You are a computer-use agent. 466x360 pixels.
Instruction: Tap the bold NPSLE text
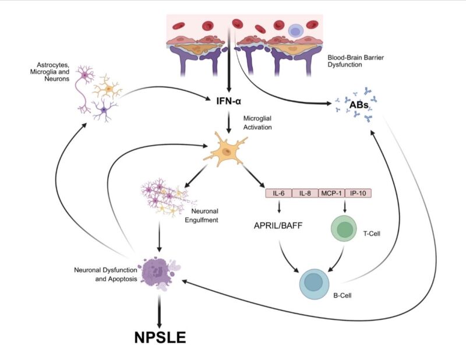[158, 337]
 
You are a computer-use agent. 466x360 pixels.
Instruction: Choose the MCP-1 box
[330, 193]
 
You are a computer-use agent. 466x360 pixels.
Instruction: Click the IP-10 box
[357, 193]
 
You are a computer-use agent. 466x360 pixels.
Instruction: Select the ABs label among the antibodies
[358, 105]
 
